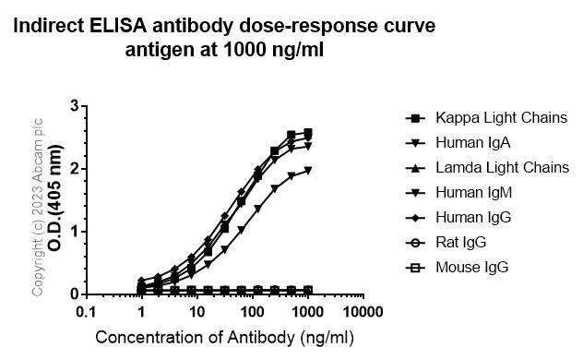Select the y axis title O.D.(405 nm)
pos(55,200)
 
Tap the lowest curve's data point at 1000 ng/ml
pos(308,290)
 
